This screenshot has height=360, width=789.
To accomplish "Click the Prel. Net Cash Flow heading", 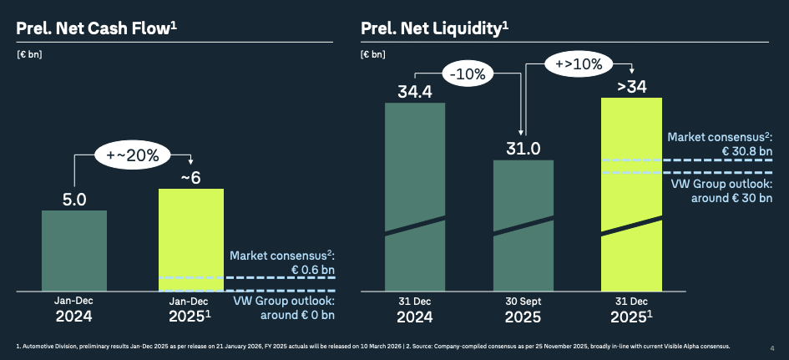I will [97, 28].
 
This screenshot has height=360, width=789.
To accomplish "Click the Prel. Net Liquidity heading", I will [435, 28].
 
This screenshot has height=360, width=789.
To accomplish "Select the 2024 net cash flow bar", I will [74, 251].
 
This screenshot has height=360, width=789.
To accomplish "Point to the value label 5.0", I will [74, 200].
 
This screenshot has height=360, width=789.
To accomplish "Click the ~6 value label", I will [191, 177].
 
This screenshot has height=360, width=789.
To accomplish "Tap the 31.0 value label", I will [523, 149].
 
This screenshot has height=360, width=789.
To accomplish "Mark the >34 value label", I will [631, 86].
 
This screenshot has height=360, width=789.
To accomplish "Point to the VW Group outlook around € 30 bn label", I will [721, 190].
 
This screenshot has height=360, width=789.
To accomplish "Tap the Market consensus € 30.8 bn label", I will [721, 144].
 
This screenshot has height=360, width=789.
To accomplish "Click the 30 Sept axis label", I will [523, 302].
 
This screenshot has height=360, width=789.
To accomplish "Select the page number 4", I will [771, 347].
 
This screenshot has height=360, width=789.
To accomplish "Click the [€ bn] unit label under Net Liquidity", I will [372, 54].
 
